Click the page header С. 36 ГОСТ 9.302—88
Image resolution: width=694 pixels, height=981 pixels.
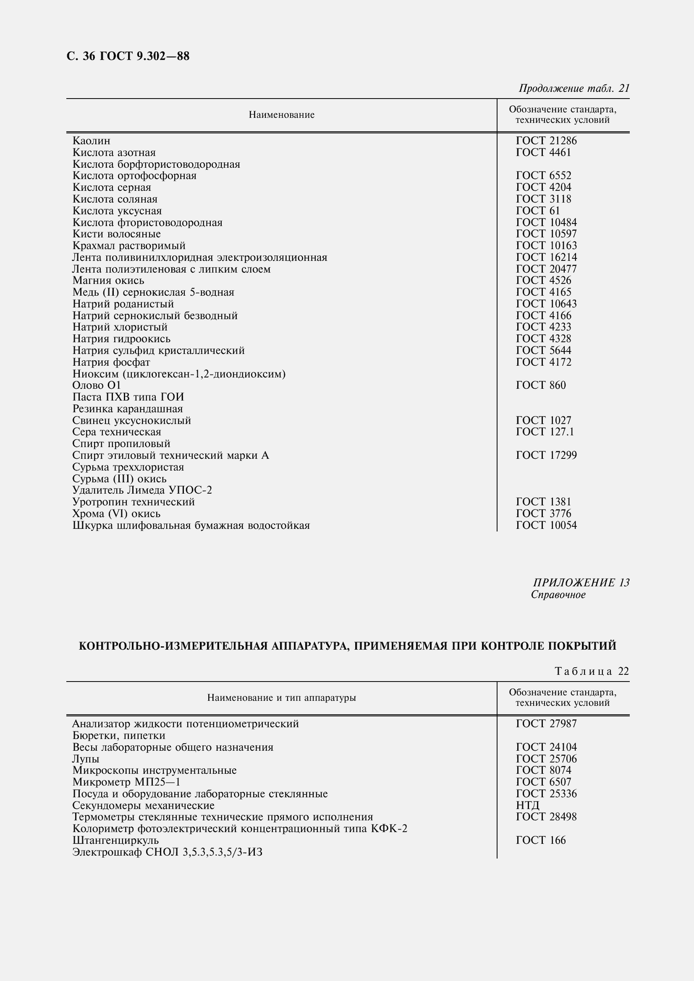pyautogui.click(x=128, y=56)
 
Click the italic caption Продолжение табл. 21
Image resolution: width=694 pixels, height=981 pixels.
pyautogui.click(x=574, y=88)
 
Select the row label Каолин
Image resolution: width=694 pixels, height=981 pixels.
pyautogui.click(x=92, y=141)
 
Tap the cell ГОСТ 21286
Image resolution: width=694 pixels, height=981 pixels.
pyautogui.click(x=546, y=141)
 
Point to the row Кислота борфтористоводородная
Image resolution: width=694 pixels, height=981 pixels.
pyautogui.click(x=156, y=164)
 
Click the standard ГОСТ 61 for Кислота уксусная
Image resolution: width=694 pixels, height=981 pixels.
pyautogui.click(x=537, y=211)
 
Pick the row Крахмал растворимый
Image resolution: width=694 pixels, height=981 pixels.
pyautogui.click(x=129, y=246)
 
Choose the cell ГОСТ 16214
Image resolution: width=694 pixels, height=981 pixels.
pyautogui.click(x=546, y=257)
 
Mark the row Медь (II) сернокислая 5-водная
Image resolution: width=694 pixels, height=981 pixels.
pyautogui.click(x=153, y=292)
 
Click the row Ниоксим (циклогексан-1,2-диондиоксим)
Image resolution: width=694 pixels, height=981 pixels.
pyautogui.click(x=179, y=374)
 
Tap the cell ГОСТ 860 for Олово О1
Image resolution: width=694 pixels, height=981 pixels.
pyautogui.click(x=540, y=385)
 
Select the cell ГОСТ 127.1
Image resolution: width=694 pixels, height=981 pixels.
pyautogui.click(x=545, y=432)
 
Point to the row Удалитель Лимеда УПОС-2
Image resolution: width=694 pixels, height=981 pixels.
pyautogui.click(x=142, y=490)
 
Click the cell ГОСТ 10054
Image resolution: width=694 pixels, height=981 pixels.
pyautogui.click(x=546, y=525)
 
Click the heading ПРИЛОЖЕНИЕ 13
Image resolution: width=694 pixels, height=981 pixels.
pyautogui.click(x=581, y=583)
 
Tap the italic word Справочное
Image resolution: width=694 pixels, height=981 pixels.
pyautogui.click(x=558, y=595)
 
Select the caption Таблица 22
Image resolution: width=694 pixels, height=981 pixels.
pyautogui.click(x=592, y=671)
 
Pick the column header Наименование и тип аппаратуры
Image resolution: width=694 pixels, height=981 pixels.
pyautogui.click(x=281, y=698)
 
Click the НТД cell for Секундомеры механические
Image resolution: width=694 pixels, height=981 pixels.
pyautogui.click(x=527, y=805)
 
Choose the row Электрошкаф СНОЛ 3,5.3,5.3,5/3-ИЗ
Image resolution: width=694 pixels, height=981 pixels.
pyautogui.click(x=167, y=852)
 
